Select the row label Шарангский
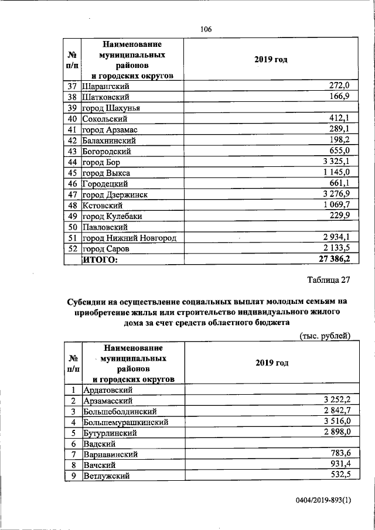(x=105, y=86)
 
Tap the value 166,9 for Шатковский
(x=336, y=97)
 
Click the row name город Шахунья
(x=111, y=108)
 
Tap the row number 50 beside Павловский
(x=73, y=227)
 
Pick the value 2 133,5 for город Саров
(x=332, y=248)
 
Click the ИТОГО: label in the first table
(x=100, y=259)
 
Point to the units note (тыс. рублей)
(x=325, y=336)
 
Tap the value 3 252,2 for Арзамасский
(x=332, y=400)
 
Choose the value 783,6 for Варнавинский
(x=336, y=454)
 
